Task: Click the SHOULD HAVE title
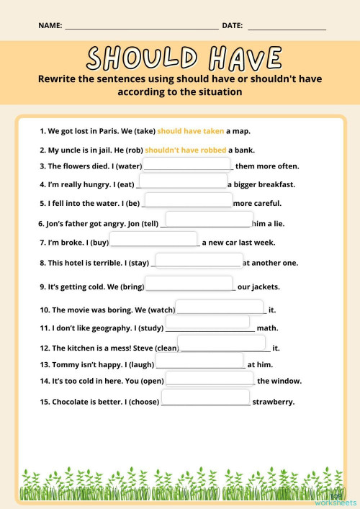click(x=184, y=58)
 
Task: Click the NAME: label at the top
click(x=50, y=26)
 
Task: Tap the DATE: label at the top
click(x=232, y=26)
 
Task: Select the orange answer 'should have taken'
click(x=190, y=131)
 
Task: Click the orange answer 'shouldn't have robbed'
click(x=186, y=150)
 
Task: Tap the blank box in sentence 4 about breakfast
click(x=183, y=181)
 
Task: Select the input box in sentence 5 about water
click(x=189, y=200)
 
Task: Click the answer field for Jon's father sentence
click(x=209, y=219)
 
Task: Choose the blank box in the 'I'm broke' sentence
click(x=154, y=239)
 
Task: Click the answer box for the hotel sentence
click(x=199, y=261)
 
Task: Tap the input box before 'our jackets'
click(x=189, y=284)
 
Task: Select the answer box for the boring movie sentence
click(x=220, y=307)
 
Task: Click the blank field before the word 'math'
click(x=210, y=327)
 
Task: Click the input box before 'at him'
click(x=199, y=361)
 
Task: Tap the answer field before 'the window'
click(x=210, y=379)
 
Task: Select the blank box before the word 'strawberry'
click(x=205, y=397)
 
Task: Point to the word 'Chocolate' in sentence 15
click(x=72, y=402)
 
